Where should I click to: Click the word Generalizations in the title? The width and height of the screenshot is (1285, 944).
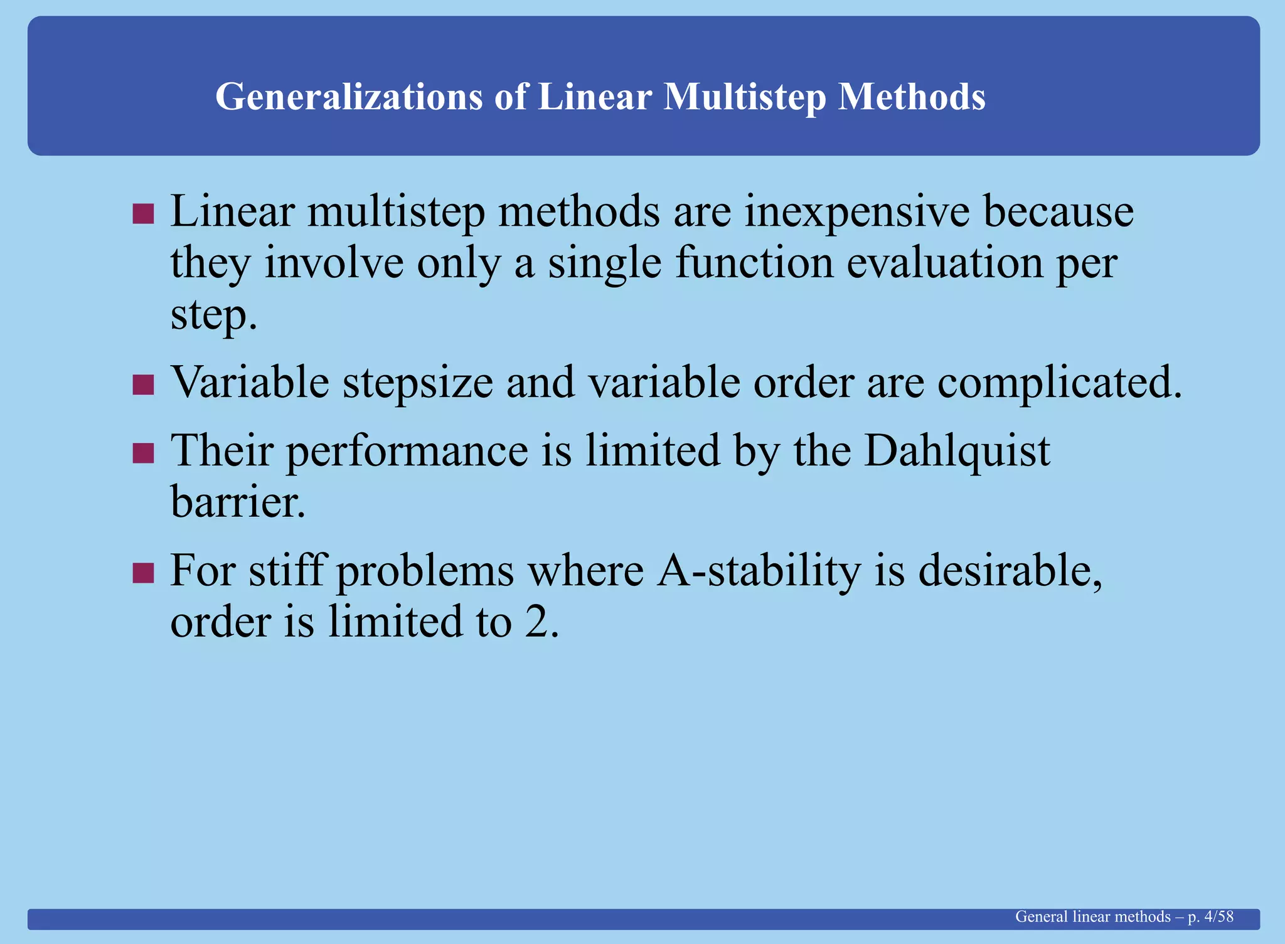coord(349,97)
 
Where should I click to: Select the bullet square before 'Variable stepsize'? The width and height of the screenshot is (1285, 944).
coord(143,384)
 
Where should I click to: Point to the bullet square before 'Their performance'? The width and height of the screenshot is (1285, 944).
coord(143,453)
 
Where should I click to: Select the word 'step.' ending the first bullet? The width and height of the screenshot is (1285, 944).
coord(214,316)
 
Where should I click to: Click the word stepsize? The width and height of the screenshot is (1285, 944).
coord(418,383)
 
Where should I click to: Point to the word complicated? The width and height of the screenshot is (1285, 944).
coord(1059,383)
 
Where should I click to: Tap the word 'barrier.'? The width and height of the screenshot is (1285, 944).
coord(238,502)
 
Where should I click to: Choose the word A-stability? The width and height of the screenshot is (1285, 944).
coord(759,571)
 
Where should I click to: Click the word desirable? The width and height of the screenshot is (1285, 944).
coord(1010,571)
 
